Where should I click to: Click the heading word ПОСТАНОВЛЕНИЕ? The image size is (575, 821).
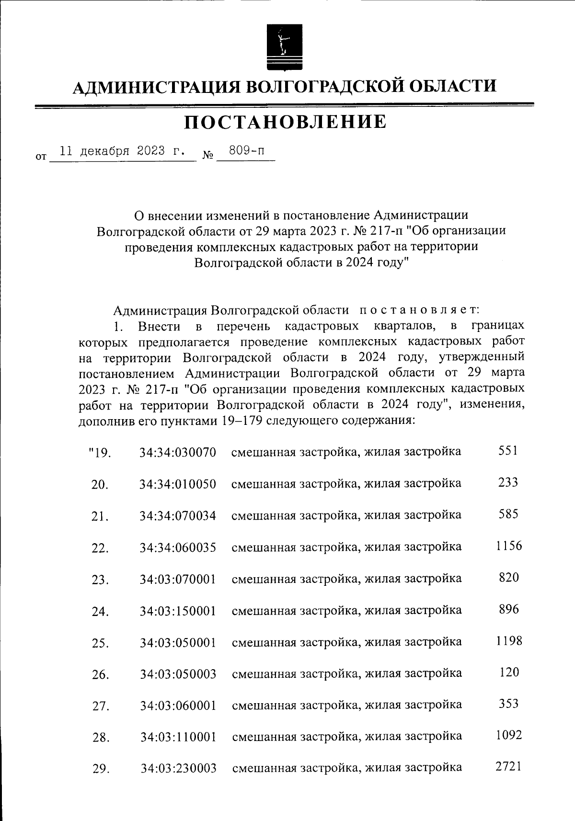[x=286, y=122]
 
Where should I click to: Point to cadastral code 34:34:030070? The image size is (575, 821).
[x=178, y=452]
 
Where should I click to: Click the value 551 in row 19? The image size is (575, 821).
[x=508, y=451]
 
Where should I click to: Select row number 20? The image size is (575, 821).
[x=100, y=485]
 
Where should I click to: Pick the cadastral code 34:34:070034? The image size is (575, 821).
[x=178, y=515]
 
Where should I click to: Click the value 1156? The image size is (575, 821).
[x=509, y=546]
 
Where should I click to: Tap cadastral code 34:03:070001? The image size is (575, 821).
[x=178, y=579]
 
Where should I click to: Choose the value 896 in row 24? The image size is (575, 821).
[x=508, y=609]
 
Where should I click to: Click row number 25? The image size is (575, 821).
[x=100, y=643]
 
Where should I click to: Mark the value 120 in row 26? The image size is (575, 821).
[x=508, y=673]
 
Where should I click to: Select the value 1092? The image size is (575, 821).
[x=509, y=735]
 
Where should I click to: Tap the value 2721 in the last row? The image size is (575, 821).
[x=508, y=767]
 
